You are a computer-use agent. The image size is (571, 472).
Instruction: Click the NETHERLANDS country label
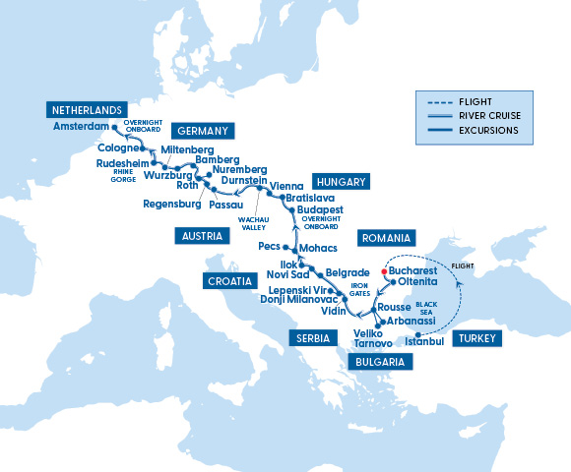tap(87, 109)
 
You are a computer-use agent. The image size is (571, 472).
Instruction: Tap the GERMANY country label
tap(202, 131)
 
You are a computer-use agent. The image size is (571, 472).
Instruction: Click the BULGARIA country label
tap(379, 362)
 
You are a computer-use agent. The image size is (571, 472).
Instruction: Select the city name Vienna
tap(287, 185)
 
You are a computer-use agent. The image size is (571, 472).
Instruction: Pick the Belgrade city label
tap(346, 270)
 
